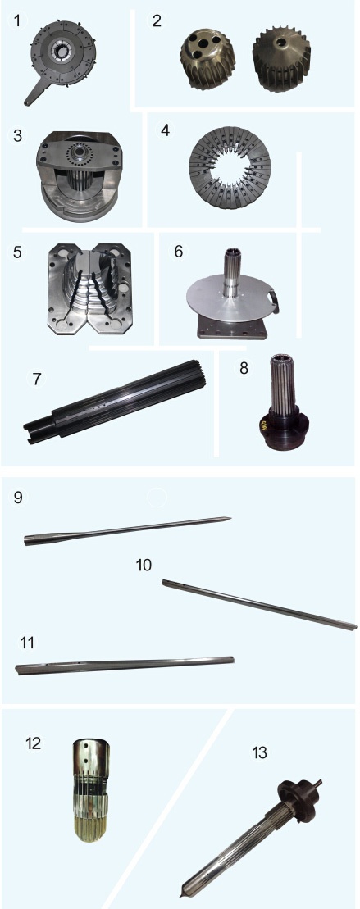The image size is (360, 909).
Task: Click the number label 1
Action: click(x=17, y=21)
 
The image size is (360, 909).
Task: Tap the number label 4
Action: click(x=165, y=130)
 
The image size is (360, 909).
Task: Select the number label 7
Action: click(x=37, y=379)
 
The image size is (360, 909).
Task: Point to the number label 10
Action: click(x=144, y=564)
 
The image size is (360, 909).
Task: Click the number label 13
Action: click(x=259, y=752)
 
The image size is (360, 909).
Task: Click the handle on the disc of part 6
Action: click(x=274, y=301)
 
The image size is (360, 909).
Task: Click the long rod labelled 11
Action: click(x=125, y=665)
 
